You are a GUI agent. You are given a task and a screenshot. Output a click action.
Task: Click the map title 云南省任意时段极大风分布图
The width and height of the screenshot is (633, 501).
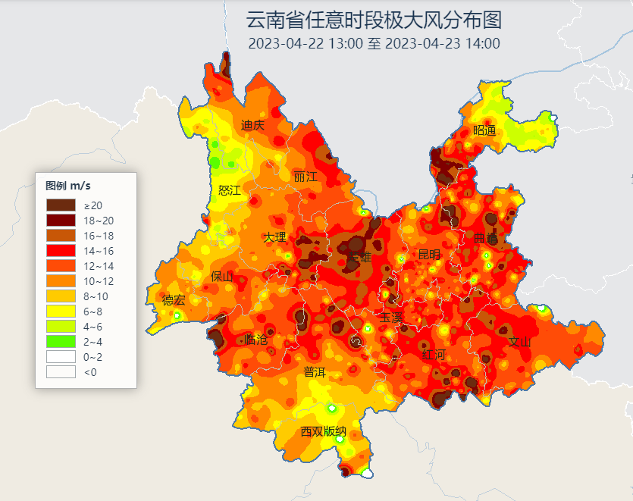374,19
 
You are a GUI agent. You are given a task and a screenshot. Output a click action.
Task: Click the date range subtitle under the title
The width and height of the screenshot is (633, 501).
374,43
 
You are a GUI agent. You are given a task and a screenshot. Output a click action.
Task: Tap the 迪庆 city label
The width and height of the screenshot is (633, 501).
252,125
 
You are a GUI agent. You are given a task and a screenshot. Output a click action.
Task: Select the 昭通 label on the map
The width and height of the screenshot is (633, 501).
484,130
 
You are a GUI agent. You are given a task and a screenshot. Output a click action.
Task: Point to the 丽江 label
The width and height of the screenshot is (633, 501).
305,177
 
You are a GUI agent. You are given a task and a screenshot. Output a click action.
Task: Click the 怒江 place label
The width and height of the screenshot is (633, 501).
229,190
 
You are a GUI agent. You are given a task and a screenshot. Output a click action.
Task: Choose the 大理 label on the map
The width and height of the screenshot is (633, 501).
274,237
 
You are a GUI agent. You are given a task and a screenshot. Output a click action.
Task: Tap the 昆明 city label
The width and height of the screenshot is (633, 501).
429,254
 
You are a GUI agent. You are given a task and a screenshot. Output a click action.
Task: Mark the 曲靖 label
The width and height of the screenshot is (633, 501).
486,238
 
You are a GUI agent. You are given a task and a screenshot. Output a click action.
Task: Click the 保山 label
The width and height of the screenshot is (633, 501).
222,277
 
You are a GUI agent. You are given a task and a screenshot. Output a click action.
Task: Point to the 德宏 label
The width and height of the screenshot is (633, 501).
174,300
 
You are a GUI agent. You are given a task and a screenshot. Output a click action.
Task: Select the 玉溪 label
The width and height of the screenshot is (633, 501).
391,317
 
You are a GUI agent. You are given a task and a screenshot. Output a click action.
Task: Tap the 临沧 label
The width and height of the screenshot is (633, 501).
257,340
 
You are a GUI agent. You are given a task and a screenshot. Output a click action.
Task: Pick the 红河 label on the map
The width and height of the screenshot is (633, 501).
434,355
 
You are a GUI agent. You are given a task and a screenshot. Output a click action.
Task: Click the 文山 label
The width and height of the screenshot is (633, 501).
520,342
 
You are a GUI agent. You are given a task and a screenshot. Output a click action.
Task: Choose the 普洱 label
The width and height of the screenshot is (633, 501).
315,372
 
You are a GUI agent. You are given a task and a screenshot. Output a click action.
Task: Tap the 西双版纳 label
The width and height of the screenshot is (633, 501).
324,432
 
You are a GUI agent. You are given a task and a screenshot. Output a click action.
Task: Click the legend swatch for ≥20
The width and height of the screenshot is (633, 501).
61,205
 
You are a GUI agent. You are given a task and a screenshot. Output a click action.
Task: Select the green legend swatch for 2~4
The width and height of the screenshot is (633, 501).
61,341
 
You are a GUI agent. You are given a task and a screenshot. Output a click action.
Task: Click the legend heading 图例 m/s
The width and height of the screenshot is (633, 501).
68,186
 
